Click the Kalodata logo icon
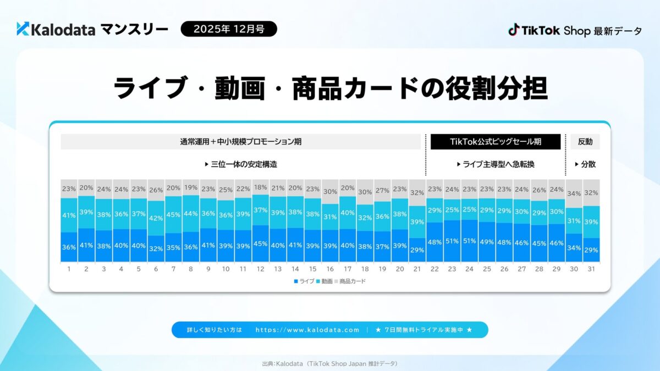[23, 29]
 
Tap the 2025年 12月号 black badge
[229, 29]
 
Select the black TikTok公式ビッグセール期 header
[495, 142]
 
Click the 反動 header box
[585, 142]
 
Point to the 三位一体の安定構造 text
[240, 164]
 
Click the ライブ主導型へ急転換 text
[495, 164]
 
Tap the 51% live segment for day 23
[452, 240]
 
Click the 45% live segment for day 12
[260, 243]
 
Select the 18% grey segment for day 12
[260, 187]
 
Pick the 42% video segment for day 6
[156, 218]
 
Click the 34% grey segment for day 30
[574, 193]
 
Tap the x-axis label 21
[416, 269]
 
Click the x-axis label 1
[69, 269]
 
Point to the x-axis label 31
[591, 269]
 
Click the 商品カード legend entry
[350, 281]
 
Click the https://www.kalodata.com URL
[307, 330]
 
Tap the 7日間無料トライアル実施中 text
[424, 330]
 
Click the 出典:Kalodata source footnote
[330, 363]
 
